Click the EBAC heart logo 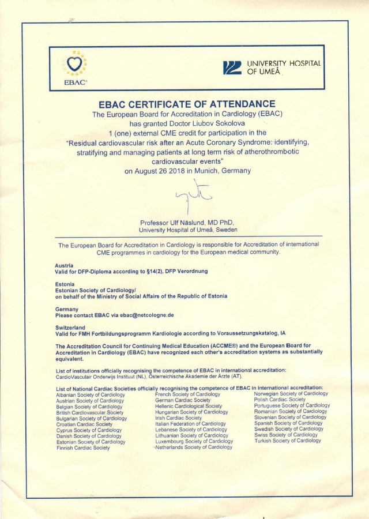coord(75,63)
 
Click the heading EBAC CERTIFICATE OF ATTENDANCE coord(187,104)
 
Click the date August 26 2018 coord(162,171)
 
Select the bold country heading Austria coord(64,265)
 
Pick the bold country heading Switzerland coord(70,327)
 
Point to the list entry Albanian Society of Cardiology coord(90,394)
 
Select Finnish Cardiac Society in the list coord(83,447)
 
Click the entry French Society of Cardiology coord(187,394)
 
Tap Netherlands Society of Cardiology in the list coord(194,447)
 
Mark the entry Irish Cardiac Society coord(179,418)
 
